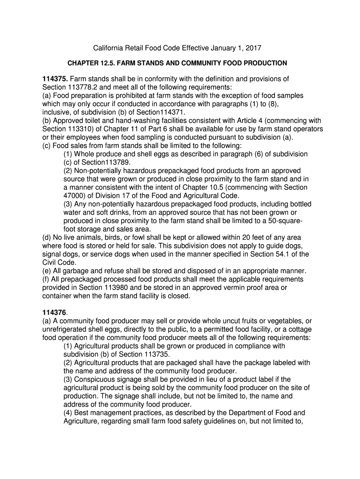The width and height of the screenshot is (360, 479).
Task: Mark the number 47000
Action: click(75, 196)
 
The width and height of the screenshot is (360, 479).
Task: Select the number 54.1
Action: click(284, 254)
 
